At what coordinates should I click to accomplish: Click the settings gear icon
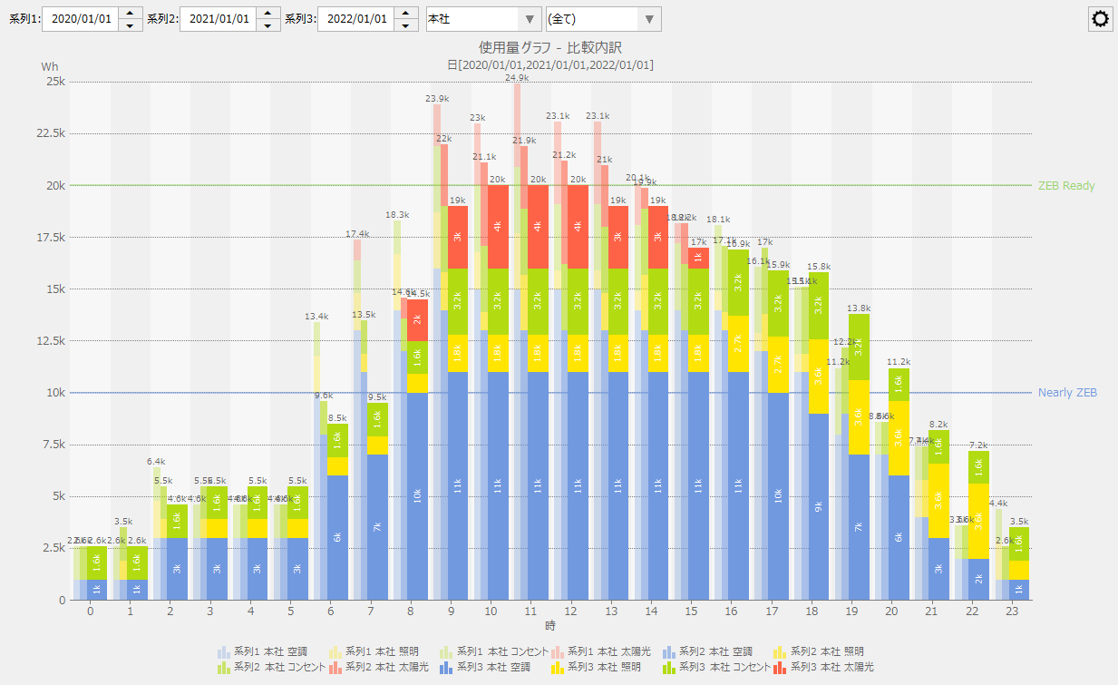pos(1101,19)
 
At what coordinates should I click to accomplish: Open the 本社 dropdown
pos(483,19)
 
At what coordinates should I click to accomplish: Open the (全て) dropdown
pos(603,19)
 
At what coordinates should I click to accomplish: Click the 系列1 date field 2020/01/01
pos(81,19)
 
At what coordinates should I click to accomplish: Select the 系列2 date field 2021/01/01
pos(218,19)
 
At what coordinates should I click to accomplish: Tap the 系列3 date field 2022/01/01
pos(355,19)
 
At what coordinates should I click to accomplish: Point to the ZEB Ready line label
pos(1066,186)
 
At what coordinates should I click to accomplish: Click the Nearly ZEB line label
pos(1067,393)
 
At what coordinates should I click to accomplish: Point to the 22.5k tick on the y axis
pos(50,133)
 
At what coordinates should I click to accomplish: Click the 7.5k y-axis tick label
pos(53,445)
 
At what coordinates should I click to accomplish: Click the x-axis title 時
pos(550,626)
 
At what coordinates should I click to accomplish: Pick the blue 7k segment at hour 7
pos(377,527)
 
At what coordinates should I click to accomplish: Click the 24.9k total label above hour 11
pos(518,78)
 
